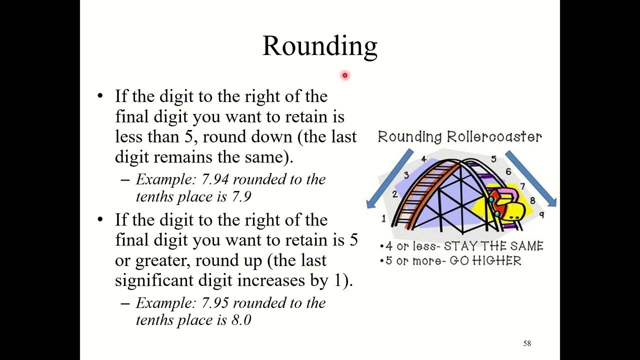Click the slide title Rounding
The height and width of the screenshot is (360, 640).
tap(319, 45)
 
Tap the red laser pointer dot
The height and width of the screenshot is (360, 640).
tap(344, 75)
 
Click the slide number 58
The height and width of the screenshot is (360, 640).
tap(527, 343)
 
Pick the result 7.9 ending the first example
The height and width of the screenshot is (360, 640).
tap(240, 197)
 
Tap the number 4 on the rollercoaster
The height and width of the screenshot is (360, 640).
tap(423, 159)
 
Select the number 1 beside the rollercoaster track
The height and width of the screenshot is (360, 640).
tap(384, 218)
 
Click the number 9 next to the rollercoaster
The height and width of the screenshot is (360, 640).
tap(541, 214)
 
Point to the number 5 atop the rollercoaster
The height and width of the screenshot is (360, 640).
tap(493, 159)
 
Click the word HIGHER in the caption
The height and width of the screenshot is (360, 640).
tap(496, 261)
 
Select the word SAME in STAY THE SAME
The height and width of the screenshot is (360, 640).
tap(526, 246)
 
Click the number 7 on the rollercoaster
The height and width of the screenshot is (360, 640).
tap(523, 186)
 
